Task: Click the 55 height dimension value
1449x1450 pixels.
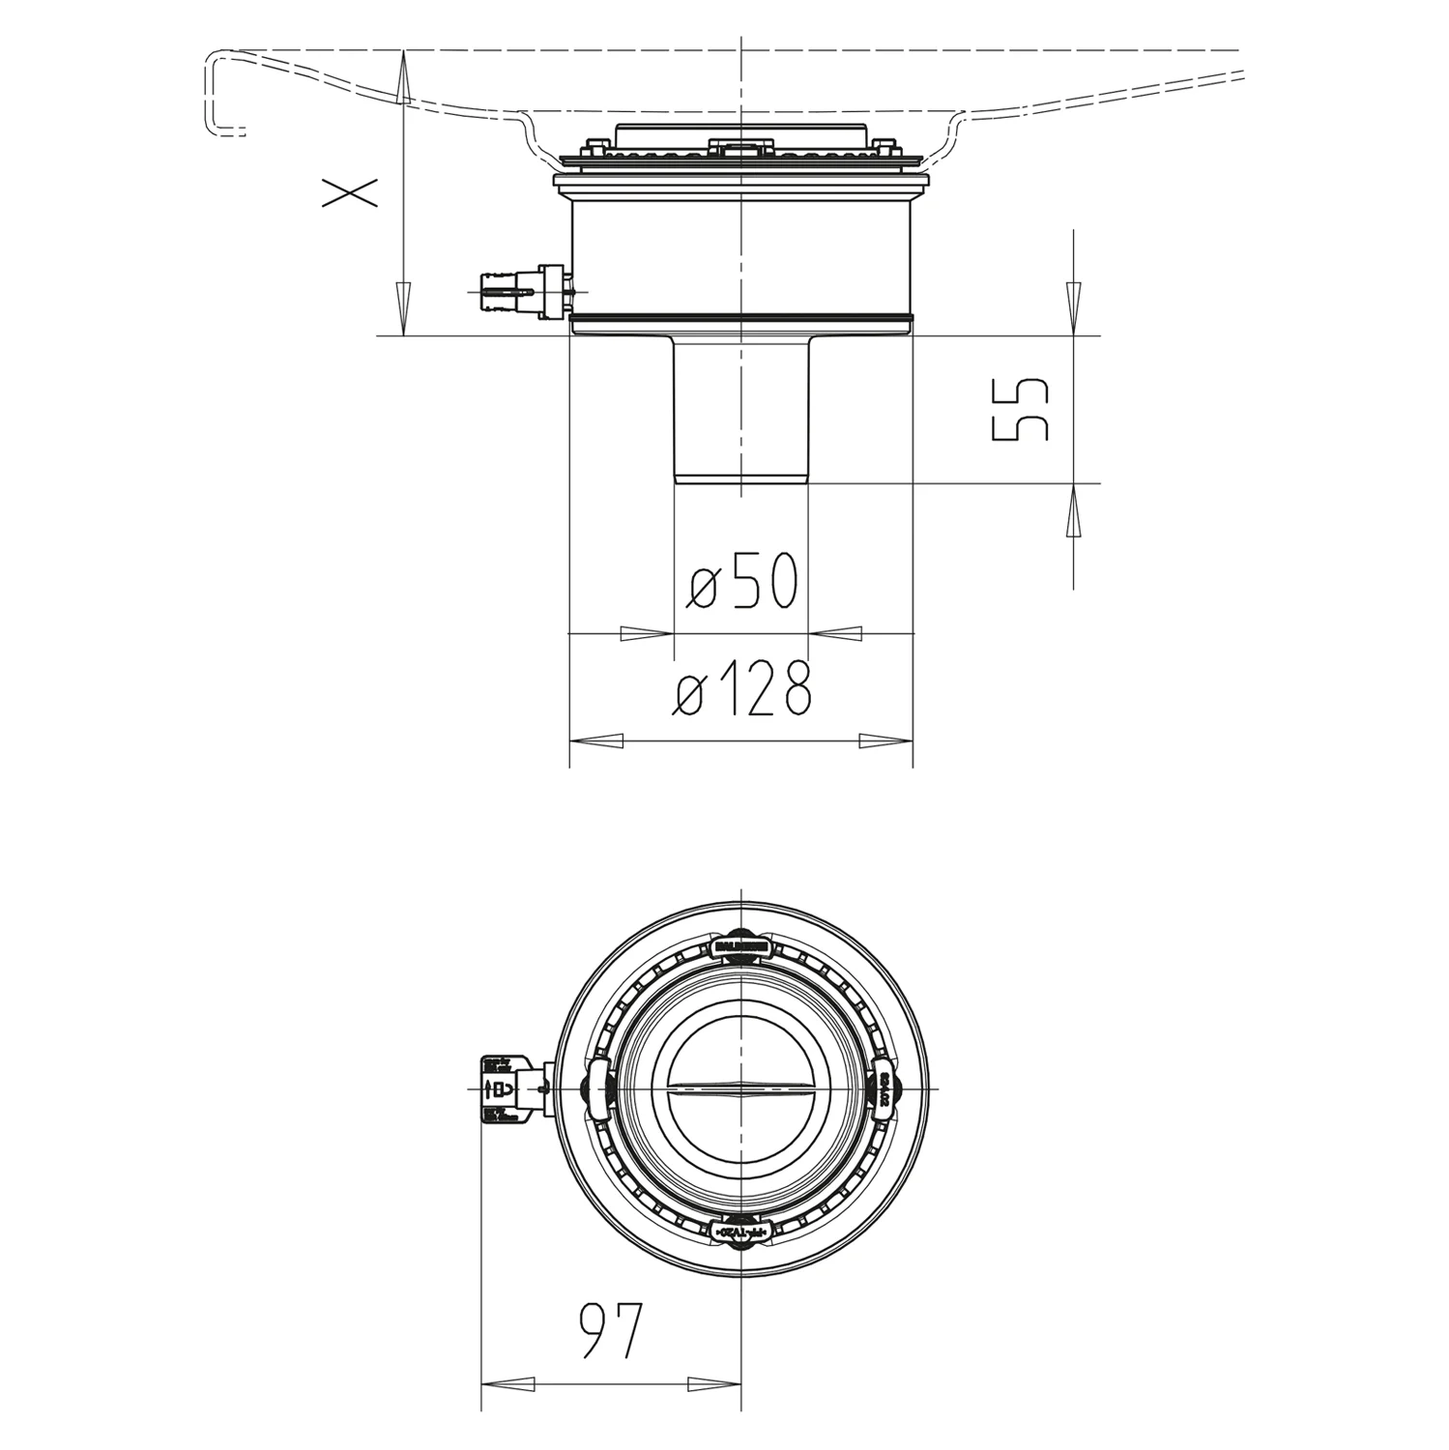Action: [x=1021, y=409]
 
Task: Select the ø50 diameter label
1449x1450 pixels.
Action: [x=742, y=582]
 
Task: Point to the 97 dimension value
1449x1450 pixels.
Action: [x=610, y=1330]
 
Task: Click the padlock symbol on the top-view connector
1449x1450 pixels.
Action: [x=502, y=1088]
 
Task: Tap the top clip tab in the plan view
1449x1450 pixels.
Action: [x=740, y=945]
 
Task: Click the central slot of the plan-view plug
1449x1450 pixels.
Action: [x=740, y=1088]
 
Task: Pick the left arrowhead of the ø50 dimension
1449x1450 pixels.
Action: [x=646, y=633]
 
